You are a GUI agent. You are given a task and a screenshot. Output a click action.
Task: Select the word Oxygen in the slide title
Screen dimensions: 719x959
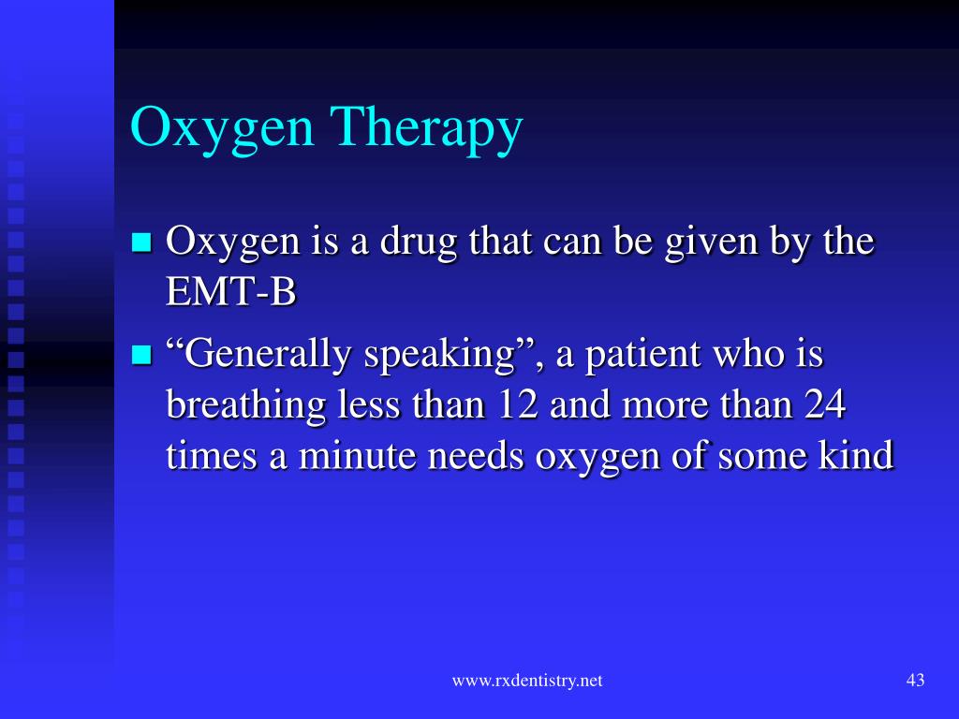pyautogui.click(x=222, y=128)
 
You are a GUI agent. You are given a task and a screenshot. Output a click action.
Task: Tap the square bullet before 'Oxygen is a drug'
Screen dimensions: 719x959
pyautogui.click(x=141, y=243)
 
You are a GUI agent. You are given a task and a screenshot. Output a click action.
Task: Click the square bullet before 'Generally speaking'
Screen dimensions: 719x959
pyautogui.click(x=141, y=356)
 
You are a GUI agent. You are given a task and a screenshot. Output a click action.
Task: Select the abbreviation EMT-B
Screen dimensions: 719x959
pyautogui.click(x=230, y=293)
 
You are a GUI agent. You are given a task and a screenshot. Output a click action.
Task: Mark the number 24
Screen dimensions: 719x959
pyautogui.click(x=826, y=406)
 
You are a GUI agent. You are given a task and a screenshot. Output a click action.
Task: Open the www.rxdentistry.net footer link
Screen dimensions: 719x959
pyautogui.click(x=527, y=682)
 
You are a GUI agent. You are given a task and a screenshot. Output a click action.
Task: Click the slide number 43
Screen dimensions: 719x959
pyautogui.click(x=915, y=681)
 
